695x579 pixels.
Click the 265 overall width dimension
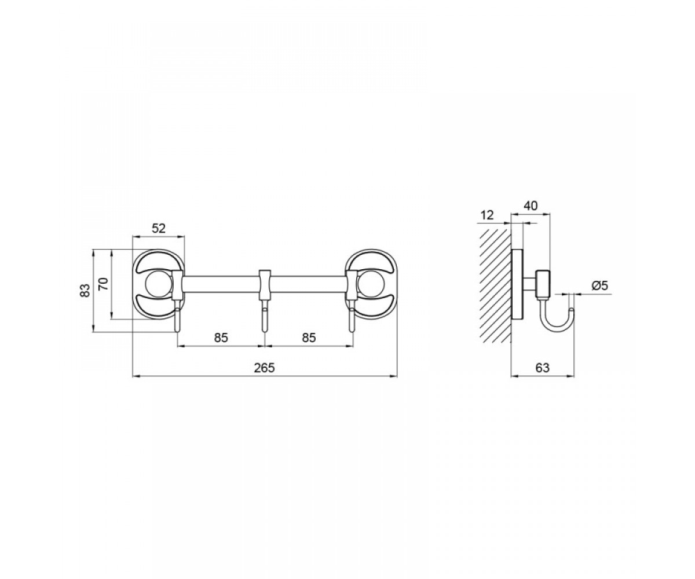coord(265,368)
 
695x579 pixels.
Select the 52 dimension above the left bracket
coord(159,228)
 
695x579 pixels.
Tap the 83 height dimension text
coord(85,290)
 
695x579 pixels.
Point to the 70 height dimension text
coord(104,284)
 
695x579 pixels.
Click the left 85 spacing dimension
coord(221,338)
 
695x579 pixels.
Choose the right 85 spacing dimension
coord(309,338)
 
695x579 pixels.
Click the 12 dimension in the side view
coord(487,215)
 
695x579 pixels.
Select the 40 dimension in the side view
coord(531,206)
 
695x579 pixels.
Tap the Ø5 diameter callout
coord(600,285)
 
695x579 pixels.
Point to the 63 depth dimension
coord(543,368)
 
